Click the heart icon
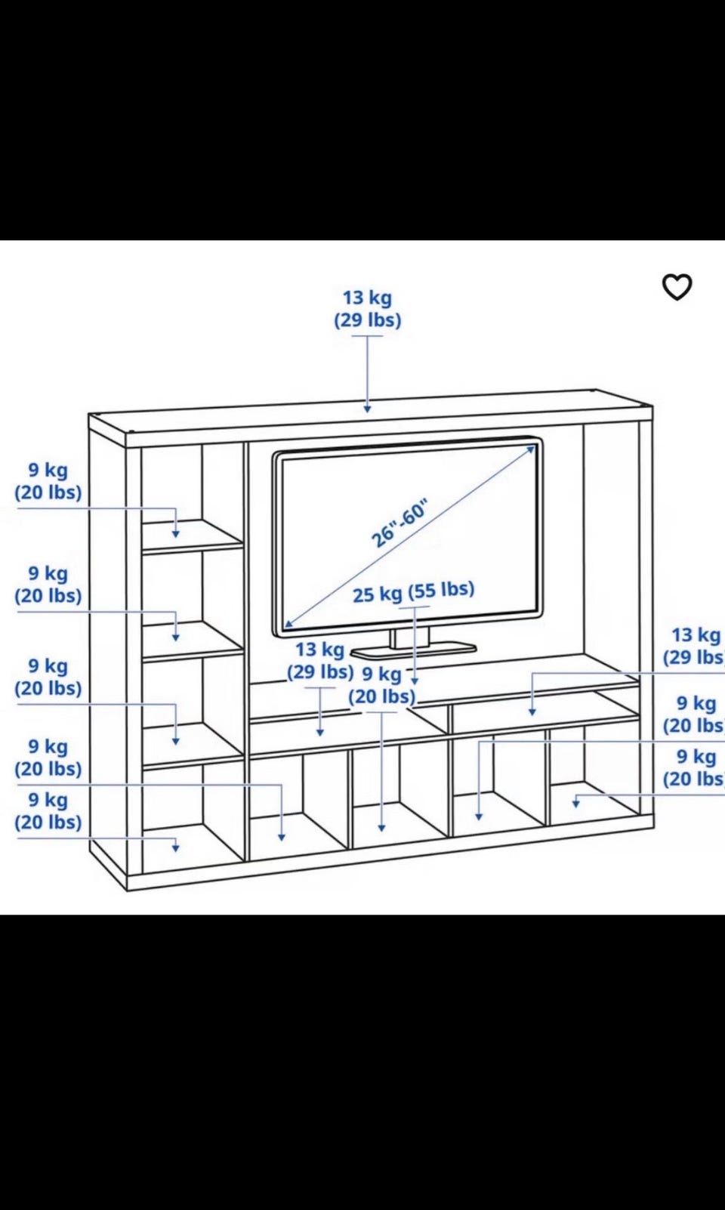677,287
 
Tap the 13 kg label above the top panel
367,297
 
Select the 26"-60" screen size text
400,523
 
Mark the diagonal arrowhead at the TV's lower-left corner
288,624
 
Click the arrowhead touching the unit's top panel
367,409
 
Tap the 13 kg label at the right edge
696,634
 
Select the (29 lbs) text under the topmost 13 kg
367,320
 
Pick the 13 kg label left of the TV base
319,649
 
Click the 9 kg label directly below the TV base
382,674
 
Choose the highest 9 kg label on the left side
48,470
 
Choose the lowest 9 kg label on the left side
48,799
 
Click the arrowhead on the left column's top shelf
175,534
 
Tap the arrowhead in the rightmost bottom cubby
576,803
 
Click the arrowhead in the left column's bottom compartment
175,848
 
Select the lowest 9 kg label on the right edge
697,757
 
